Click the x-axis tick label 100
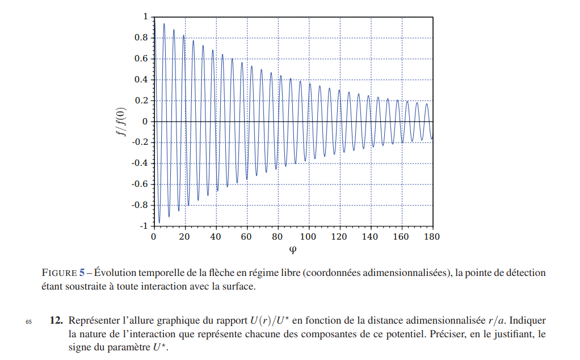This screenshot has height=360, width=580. coord(309,236)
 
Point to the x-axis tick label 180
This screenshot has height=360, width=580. coord(432,236)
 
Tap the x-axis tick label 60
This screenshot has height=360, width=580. coord(247,236)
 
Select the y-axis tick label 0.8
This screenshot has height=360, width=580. coord(140,38)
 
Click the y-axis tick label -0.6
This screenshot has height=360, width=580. coord(139,184)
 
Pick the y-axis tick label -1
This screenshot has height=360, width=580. coord(143,226)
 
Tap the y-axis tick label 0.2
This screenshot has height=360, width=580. coord(140,101)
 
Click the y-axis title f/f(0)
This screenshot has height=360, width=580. coord(121,122)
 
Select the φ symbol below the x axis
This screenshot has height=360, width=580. coord(293,250)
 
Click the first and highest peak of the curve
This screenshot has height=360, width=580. coord(164,24)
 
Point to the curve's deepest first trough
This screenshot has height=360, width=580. coord(159,223)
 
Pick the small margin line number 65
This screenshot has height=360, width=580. coord(29,321)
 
